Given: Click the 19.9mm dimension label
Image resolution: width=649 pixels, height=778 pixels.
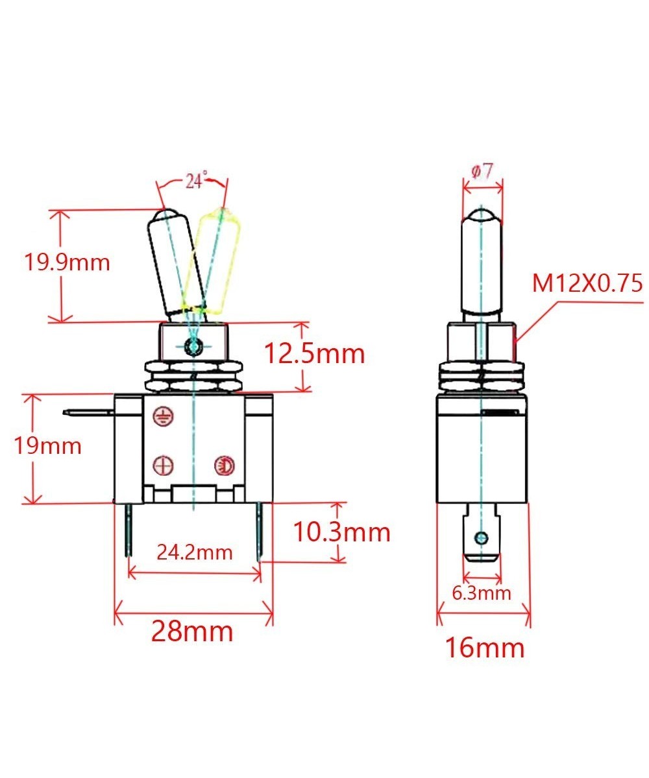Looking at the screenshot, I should coord(67,263).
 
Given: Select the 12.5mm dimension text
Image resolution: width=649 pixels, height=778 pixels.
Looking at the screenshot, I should coord(314,353).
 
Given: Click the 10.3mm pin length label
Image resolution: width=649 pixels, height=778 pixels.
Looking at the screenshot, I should coord(341,532).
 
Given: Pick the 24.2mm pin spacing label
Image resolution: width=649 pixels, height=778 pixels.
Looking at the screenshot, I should coord(194,552).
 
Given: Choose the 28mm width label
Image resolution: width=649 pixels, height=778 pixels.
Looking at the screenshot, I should coord(192,630).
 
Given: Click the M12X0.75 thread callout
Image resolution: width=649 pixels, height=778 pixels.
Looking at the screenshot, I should coord(587,283).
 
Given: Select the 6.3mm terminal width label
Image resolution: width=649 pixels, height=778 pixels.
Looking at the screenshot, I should coord(482,592).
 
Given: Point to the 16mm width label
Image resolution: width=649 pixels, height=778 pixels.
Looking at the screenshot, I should coord(484,646).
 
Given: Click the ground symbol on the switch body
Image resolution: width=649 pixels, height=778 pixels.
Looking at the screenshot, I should coord(164,418).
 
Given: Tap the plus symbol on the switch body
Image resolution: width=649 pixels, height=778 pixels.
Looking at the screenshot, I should coord(163,464).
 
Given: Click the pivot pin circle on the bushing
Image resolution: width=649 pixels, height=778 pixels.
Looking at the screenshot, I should coord(192,346).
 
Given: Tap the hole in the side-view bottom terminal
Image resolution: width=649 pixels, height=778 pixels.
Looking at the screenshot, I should coord(481,537).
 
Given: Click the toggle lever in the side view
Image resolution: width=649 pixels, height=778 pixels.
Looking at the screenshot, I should coord(482,266).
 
